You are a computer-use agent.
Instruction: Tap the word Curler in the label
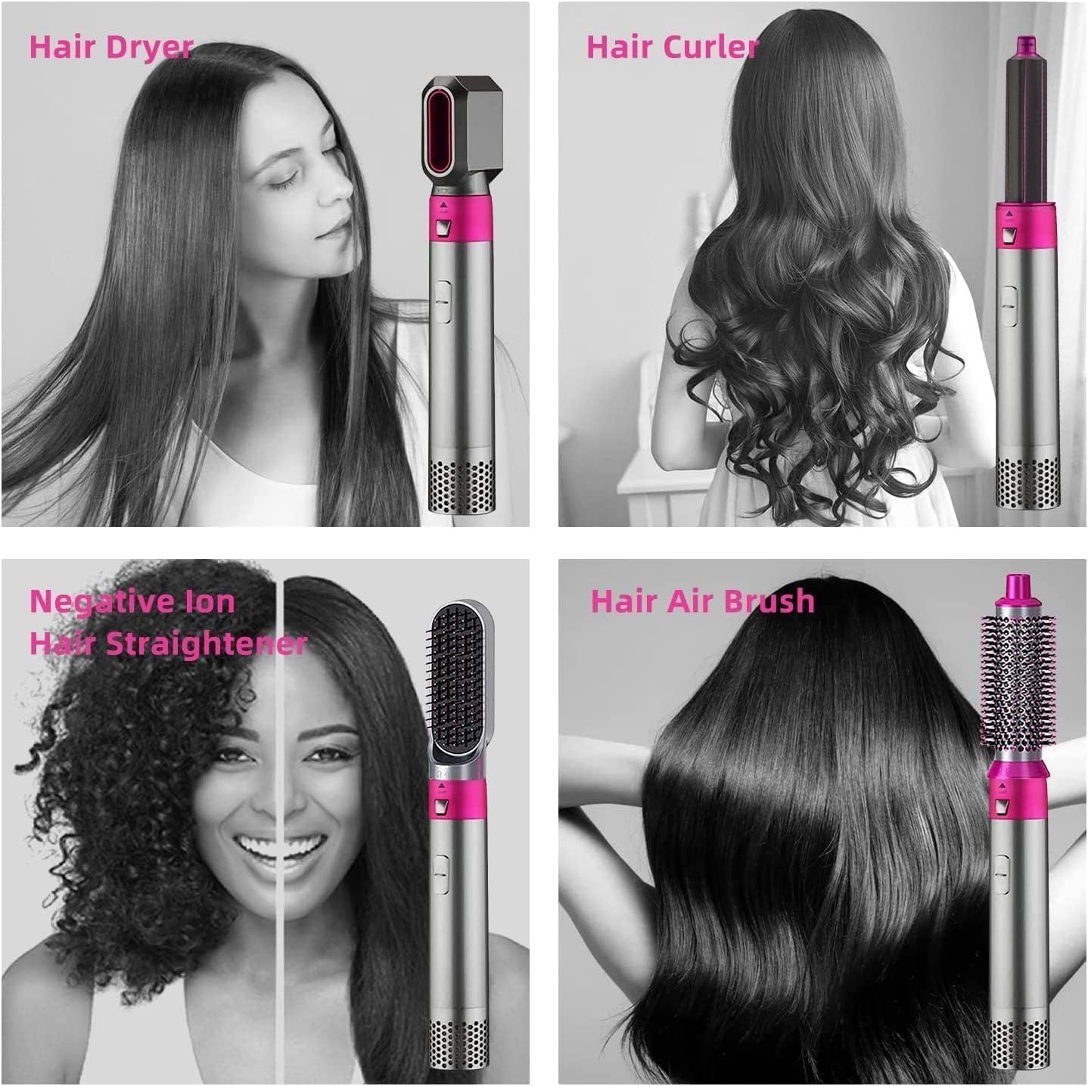click(714, 47)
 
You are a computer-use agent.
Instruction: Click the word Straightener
click(207, 644)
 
